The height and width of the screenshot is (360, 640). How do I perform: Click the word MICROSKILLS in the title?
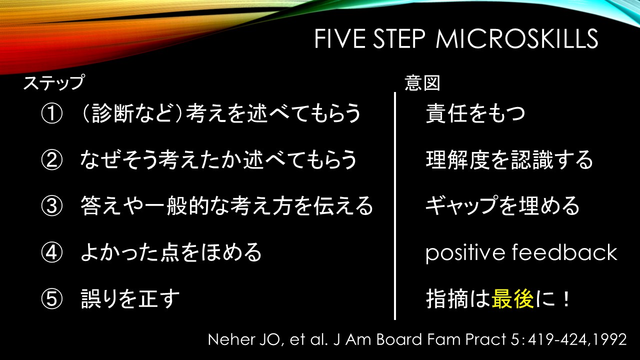517,38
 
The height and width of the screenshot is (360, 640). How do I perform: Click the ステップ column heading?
54,82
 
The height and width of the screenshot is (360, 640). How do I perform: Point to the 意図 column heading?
422,83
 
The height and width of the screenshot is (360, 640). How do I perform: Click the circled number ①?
51,113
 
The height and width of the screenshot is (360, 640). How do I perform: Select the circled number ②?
51,159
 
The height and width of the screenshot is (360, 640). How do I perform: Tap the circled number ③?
51,206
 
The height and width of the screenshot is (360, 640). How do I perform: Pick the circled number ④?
51,252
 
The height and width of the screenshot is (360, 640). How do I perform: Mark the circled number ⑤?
51,299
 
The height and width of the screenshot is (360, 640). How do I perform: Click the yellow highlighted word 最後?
512,299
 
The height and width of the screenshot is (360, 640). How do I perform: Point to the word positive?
465,253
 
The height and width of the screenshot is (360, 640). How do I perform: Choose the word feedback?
565,252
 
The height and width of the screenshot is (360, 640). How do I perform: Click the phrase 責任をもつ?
475,113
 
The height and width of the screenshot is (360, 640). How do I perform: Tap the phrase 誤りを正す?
130,299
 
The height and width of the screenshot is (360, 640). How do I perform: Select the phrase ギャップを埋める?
502,206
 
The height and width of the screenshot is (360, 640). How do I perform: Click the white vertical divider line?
395,206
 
